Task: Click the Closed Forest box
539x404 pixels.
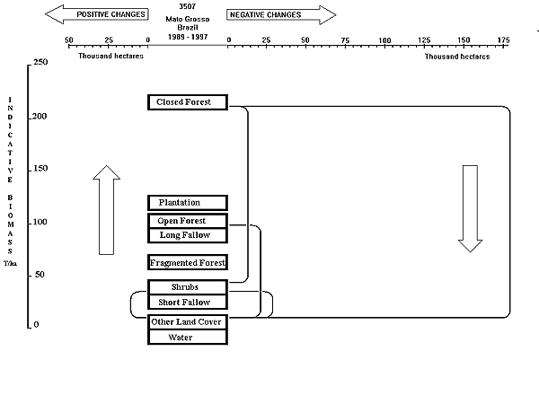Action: point(187,102)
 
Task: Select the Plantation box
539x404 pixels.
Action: point(187,203)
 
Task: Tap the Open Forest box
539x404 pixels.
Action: point(187,221)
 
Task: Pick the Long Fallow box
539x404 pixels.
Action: point(187,235)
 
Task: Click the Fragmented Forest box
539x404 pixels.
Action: point(187,263)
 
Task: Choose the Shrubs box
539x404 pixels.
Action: point(187,287)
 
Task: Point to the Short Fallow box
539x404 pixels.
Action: point(187,303)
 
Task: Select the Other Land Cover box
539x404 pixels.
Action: point(187,322)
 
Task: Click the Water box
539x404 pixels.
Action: point(187,338)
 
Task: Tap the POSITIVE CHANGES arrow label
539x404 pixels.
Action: point(98,15)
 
